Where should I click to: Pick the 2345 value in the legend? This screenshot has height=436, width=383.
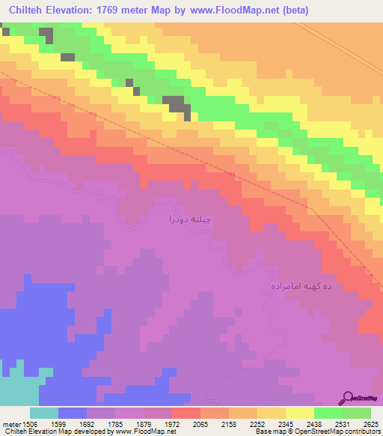[x=284, y=423]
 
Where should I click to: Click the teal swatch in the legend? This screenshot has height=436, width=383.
[x=43, y=413]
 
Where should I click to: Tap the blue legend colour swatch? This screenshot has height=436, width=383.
[x=72, y=413]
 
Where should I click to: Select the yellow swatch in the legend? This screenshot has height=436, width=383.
[x=299, y=413]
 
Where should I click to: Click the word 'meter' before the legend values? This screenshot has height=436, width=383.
[x=10, y=423]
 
